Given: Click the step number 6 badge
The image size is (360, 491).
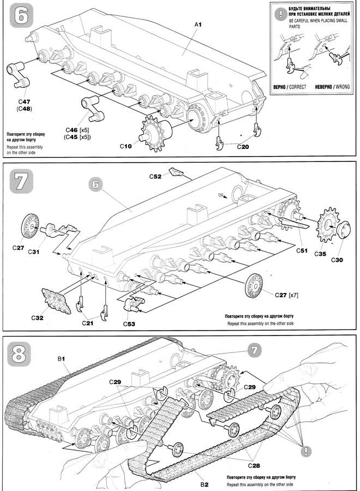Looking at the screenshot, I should [x=20, y=16].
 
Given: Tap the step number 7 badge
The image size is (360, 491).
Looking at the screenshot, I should [x=21, y=182].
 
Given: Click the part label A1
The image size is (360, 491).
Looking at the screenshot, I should [x=198, y=25].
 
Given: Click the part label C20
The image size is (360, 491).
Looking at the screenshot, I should [x=244, y=147].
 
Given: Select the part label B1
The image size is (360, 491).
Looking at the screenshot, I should [x=62, y=358].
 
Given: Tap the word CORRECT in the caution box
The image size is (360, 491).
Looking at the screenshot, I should [x=297, y=87].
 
